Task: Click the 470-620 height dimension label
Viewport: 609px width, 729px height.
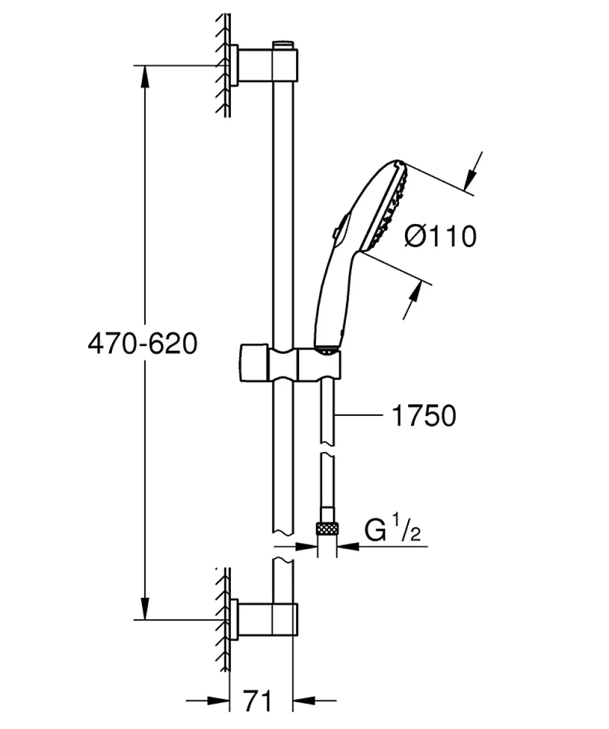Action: tap(143, 345)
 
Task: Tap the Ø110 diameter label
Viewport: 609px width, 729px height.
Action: tap(440, 236)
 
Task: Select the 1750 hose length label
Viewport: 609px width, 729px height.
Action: tap(424, 415)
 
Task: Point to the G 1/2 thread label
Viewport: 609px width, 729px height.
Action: tap(393, 530)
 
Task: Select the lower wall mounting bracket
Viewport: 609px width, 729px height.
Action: tap(264, 619)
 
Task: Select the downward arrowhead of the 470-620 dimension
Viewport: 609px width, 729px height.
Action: tap(146, 608)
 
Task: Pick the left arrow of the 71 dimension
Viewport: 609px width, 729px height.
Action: tap(208, 699)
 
